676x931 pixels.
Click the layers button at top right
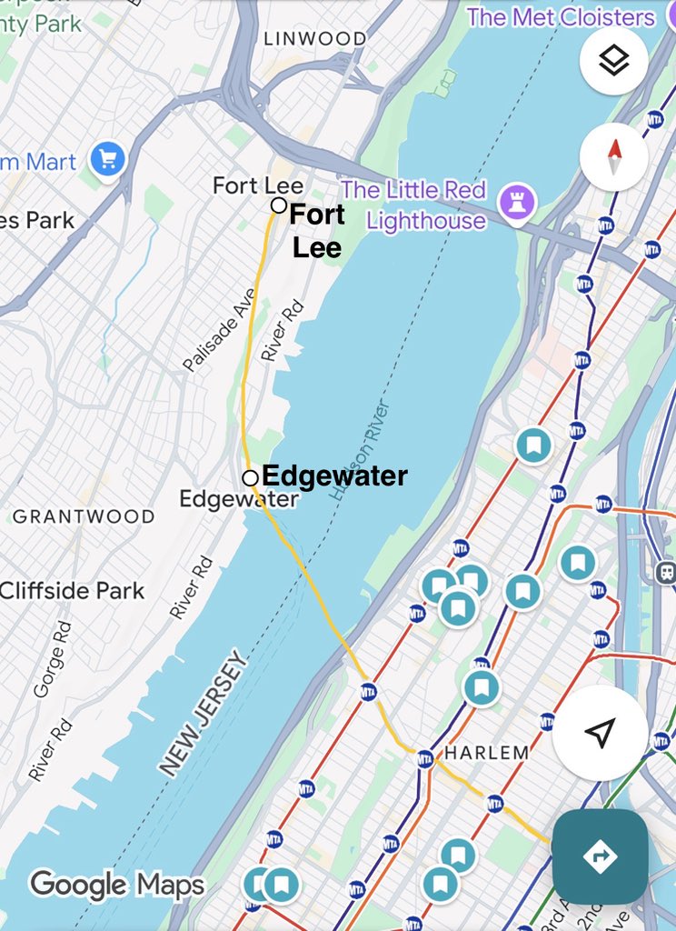(x=613, y=61)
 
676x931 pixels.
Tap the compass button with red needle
(x=613, y=156)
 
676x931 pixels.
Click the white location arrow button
(x=600, y=733)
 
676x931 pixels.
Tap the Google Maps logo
(x=117, y=884)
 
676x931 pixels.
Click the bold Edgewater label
(x=334, y=476)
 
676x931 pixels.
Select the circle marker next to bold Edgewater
(x=250, y=477)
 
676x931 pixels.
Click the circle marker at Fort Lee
(x=279, y=205)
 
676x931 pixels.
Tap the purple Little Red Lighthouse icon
(x=517, y=204)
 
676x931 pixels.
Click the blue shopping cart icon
(x=107, y=162)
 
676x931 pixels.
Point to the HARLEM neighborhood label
(x=486, y=753)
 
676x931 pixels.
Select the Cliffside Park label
(x=72, y=591)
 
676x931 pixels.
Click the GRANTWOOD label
(x=83, y=516)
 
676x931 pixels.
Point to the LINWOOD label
(x=314, y=38)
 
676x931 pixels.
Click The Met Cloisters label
(x=561, y=16)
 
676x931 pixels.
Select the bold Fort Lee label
(x=317, y=231)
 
